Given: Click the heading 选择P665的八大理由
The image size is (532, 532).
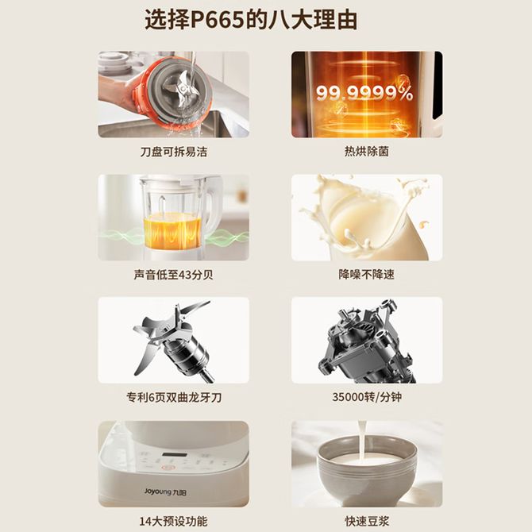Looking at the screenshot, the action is point(251,20).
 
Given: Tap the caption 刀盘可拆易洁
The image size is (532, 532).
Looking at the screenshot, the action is point(173,152).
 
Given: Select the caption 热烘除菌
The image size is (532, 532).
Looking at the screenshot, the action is point(366,152).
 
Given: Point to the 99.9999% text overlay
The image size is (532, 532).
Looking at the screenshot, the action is point(364,93).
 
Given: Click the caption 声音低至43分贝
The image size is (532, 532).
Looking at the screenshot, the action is point(173,275).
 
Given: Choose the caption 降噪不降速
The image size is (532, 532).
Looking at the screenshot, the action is point(366,275).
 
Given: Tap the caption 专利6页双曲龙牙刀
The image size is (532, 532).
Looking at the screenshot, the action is point(174,397).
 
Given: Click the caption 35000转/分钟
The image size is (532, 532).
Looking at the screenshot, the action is point(367,397).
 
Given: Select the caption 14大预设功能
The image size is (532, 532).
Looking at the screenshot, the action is point(173,521).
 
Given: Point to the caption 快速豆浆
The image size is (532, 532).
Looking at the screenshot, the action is point(366,521).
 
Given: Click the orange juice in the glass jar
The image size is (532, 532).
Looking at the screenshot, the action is point(172,229).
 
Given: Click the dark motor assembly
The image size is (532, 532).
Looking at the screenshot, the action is point(366,341).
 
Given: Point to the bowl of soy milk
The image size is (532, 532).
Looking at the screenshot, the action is point(367,473).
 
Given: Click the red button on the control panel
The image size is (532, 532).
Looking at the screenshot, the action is point(167,468).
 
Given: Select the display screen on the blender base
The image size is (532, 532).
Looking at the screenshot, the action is point(174,455).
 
